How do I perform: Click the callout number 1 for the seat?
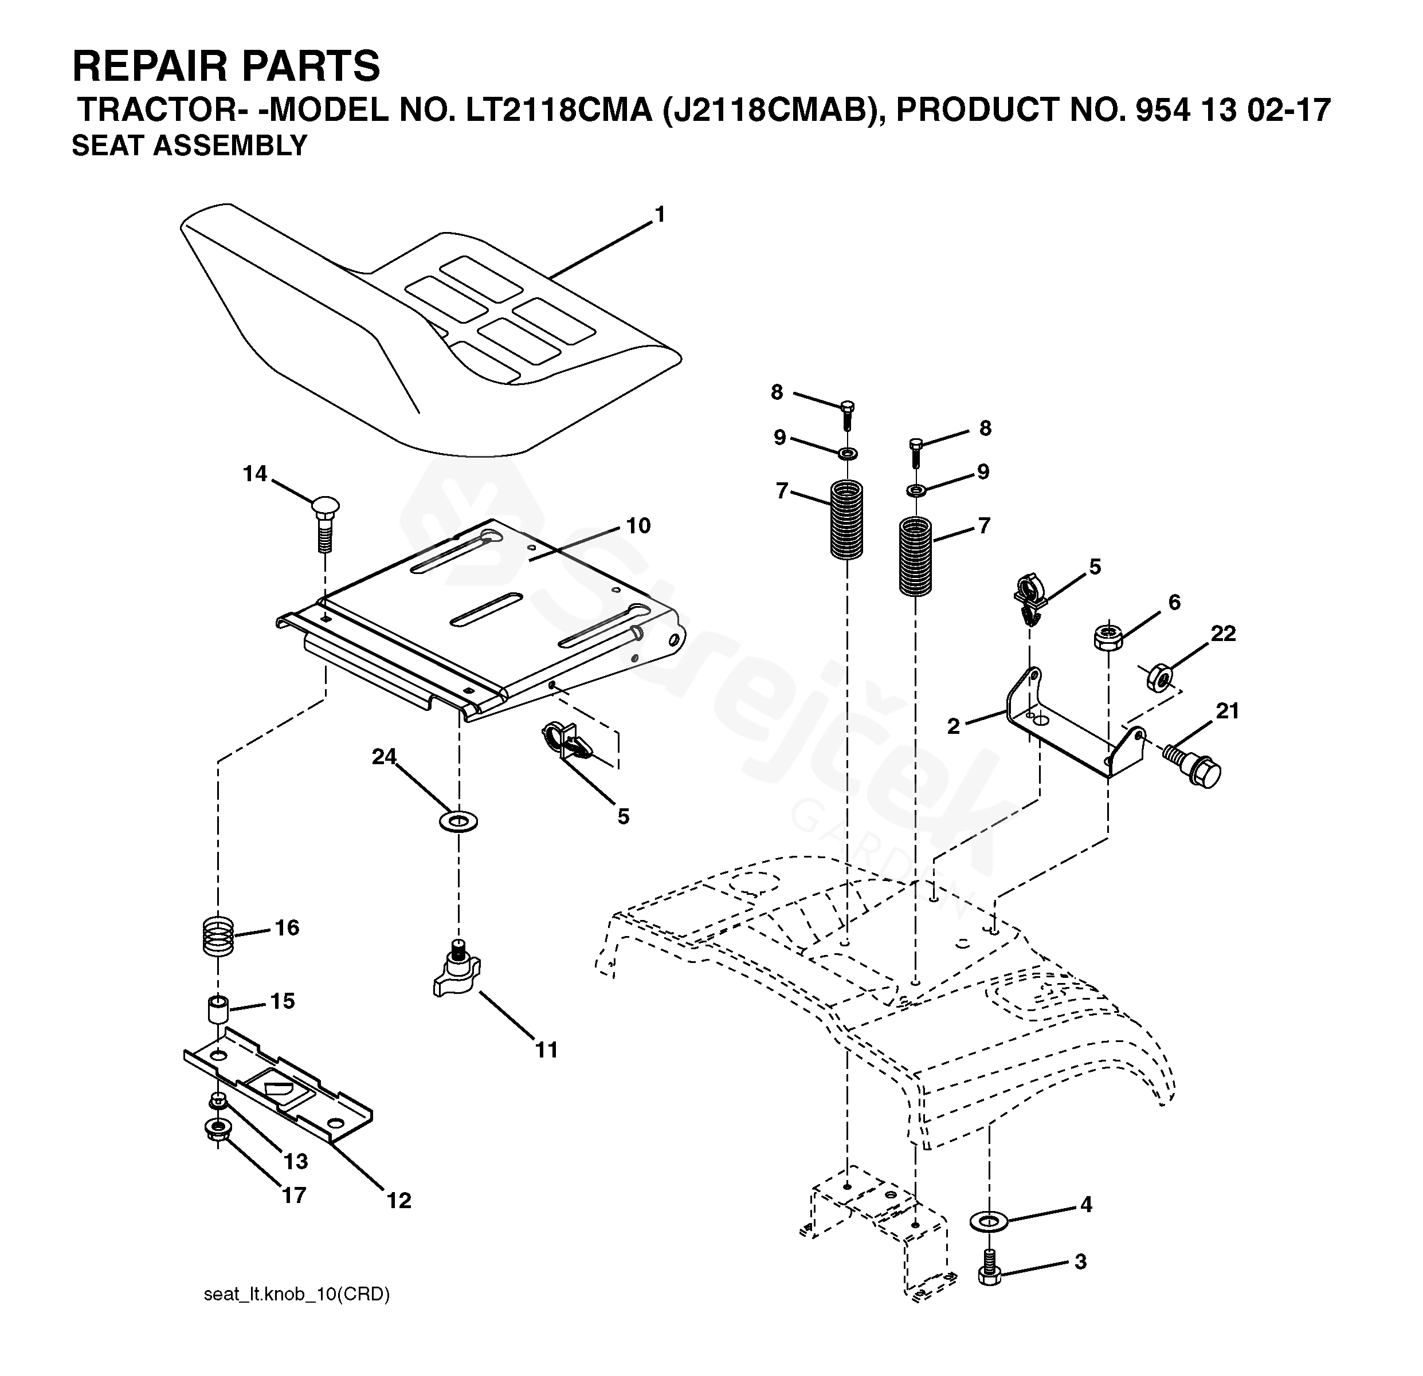(659, 215)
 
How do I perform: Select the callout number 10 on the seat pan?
(638, 525)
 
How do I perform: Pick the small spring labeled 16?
(217, 936)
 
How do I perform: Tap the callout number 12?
(398, 1200)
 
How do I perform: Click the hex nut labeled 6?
(1108, 636)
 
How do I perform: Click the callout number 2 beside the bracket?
(953, 726)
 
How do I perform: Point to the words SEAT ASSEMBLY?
(190, 146)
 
